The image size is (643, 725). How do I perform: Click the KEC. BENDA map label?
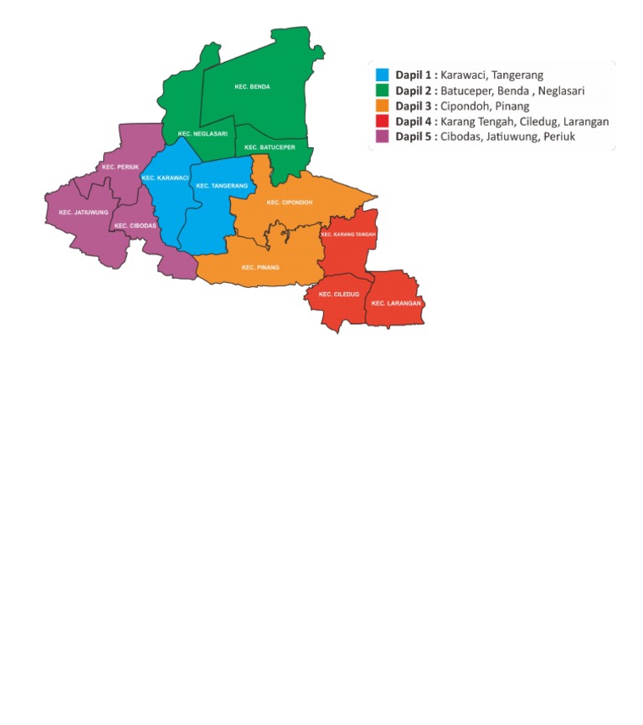[x=252, y=86]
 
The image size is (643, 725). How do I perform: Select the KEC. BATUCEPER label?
[x=264, y=147]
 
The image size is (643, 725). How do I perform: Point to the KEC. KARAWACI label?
[x=165, y=177]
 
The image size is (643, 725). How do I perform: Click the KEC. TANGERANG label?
[x=222, y=186]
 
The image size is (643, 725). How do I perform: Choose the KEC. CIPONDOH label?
[x=290, y=202]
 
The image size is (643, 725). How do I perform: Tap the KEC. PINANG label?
[x=260, y=267]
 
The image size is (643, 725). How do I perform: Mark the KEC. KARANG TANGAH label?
[x=348, y=234]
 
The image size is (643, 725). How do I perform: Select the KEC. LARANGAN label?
[x=396, y=302]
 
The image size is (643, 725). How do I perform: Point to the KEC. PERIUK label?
[x=120, y=167]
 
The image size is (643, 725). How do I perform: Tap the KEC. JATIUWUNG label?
[x=84, y=212]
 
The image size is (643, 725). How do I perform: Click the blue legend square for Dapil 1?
[x=382, y=75]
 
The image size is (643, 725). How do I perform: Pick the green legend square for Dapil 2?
[x=382, y=90]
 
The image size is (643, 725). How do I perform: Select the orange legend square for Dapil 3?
[x=382, y=106]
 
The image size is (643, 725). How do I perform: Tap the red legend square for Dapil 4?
[x=382, y=121]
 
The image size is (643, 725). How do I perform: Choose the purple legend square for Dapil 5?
[x=382, y=136]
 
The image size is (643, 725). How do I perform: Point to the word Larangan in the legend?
[x=586, y=121]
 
